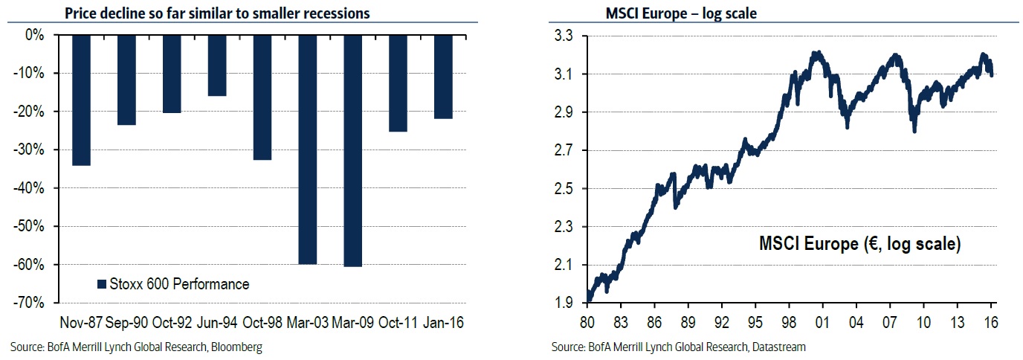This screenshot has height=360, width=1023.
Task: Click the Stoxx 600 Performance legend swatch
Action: [x=103, y=284]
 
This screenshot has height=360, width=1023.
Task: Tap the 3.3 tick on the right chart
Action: [x=565, y=35]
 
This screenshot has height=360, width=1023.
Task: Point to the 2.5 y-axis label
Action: [x=565, y=188]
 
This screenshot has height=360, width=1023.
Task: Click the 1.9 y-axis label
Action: [x=565, y=303]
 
